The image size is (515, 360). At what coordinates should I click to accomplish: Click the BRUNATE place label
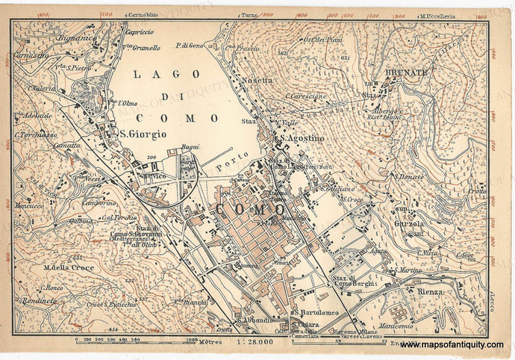(x=407, y=72)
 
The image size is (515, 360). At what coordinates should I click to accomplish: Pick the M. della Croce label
(x=69, y=267)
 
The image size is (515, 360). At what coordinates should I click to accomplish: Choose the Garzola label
(x=409, y=223)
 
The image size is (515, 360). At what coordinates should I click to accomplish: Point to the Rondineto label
(x=38, y=300)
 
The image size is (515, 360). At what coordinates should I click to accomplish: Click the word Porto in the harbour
(x=231, y=159)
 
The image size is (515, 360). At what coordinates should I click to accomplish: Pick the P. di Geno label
(x=190, y=46)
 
